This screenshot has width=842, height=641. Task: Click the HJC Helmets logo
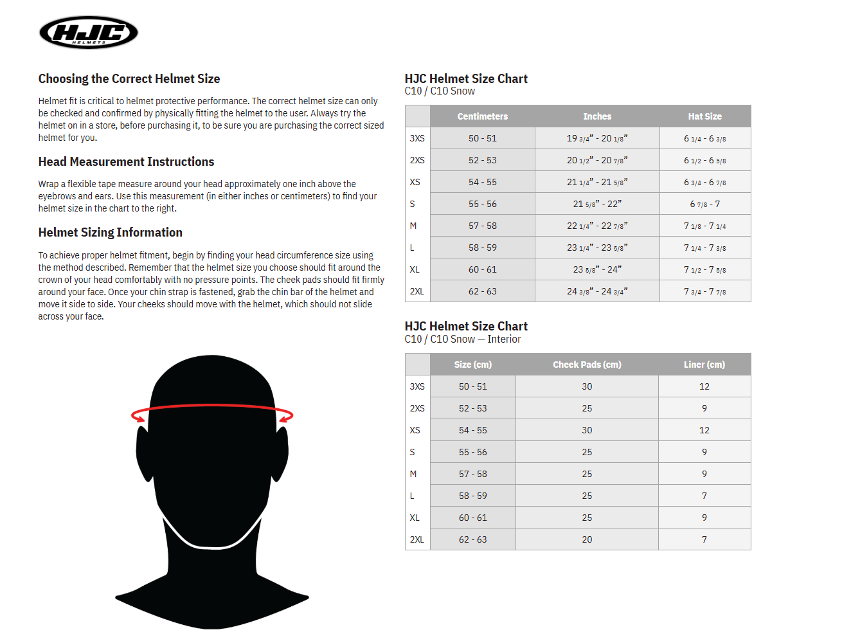pos(89,32)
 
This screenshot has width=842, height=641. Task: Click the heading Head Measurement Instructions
pos(126,162)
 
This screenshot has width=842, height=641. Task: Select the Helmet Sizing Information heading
pos(110,233)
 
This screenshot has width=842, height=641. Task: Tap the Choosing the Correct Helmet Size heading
pos(129,79)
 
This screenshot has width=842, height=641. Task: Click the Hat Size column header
pos(704,116)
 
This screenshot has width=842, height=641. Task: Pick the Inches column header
pos(597,116)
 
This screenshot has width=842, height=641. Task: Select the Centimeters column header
pos(482,116)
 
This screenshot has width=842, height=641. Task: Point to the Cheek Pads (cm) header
pos(587,365)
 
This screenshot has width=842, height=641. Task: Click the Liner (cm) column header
pos(704,365)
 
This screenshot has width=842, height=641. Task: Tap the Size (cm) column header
pos(472,365)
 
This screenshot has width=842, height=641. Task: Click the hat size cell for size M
pos(704,226)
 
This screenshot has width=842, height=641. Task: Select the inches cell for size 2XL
pos(597,291)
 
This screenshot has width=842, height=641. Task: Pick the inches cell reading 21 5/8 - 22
pos(597,204)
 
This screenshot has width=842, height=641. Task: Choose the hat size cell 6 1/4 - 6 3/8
pos(704,138)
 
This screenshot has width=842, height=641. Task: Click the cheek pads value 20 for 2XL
pos(587,539)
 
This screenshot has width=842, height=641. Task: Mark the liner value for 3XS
pos(704,386)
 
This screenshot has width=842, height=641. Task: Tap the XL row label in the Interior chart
pos(415,518)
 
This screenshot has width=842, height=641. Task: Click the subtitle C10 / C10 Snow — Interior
pos(463,339)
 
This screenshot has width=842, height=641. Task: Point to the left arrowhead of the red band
pos(137,417)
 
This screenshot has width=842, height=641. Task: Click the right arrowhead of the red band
pos(287,417)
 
